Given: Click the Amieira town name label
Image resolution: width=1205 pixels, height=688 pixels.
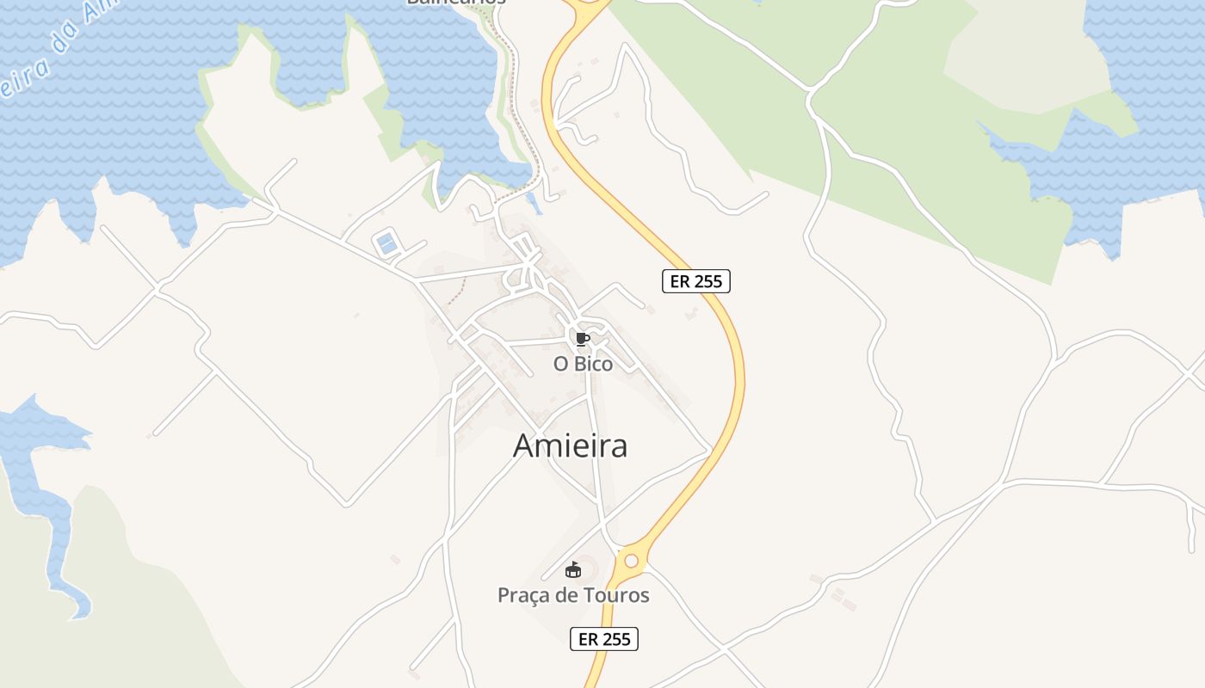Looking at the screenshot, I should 570,445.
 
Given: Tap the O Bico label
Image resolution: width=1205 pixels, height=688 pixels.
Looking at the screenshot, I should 583,364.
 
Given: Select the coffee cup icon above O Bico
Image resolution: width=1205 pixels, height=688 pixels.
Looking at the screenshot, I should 583,339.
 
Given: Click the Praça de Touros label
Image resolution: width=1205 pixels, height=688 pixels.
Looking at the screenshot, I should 573,595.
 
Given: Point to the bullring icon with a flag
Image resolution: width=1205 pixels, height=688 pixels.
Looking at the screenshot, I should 573,569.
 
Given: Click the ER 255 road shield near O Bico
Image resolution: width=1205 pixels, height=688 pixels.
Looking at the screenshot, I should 695,281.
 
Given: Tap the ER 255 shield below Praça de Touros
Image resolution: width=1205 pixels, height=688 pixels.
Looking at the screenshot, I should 603,639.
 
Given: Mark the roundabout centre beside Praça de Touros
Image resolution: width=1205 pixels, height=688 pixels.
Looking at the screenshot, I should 632,561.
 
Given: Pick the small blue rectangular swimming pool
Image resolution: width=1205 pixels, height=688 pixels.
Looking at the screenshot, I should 387,243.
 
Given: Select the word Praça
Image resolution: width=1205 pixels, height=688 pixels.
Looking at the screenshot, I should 523,595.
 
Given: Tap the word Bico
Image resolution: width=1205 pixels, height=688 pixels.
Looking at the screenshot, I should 594,364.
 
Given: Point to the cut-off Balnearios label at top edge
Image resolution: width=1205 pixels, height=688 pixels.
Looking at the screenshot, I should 456,3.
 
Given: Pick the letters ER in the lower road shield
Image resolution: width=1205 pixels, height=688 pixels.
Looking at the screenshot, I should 588,639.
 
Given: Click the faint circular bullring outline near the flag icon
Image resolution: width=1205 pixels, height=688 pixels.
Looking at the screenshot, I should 586,568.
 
